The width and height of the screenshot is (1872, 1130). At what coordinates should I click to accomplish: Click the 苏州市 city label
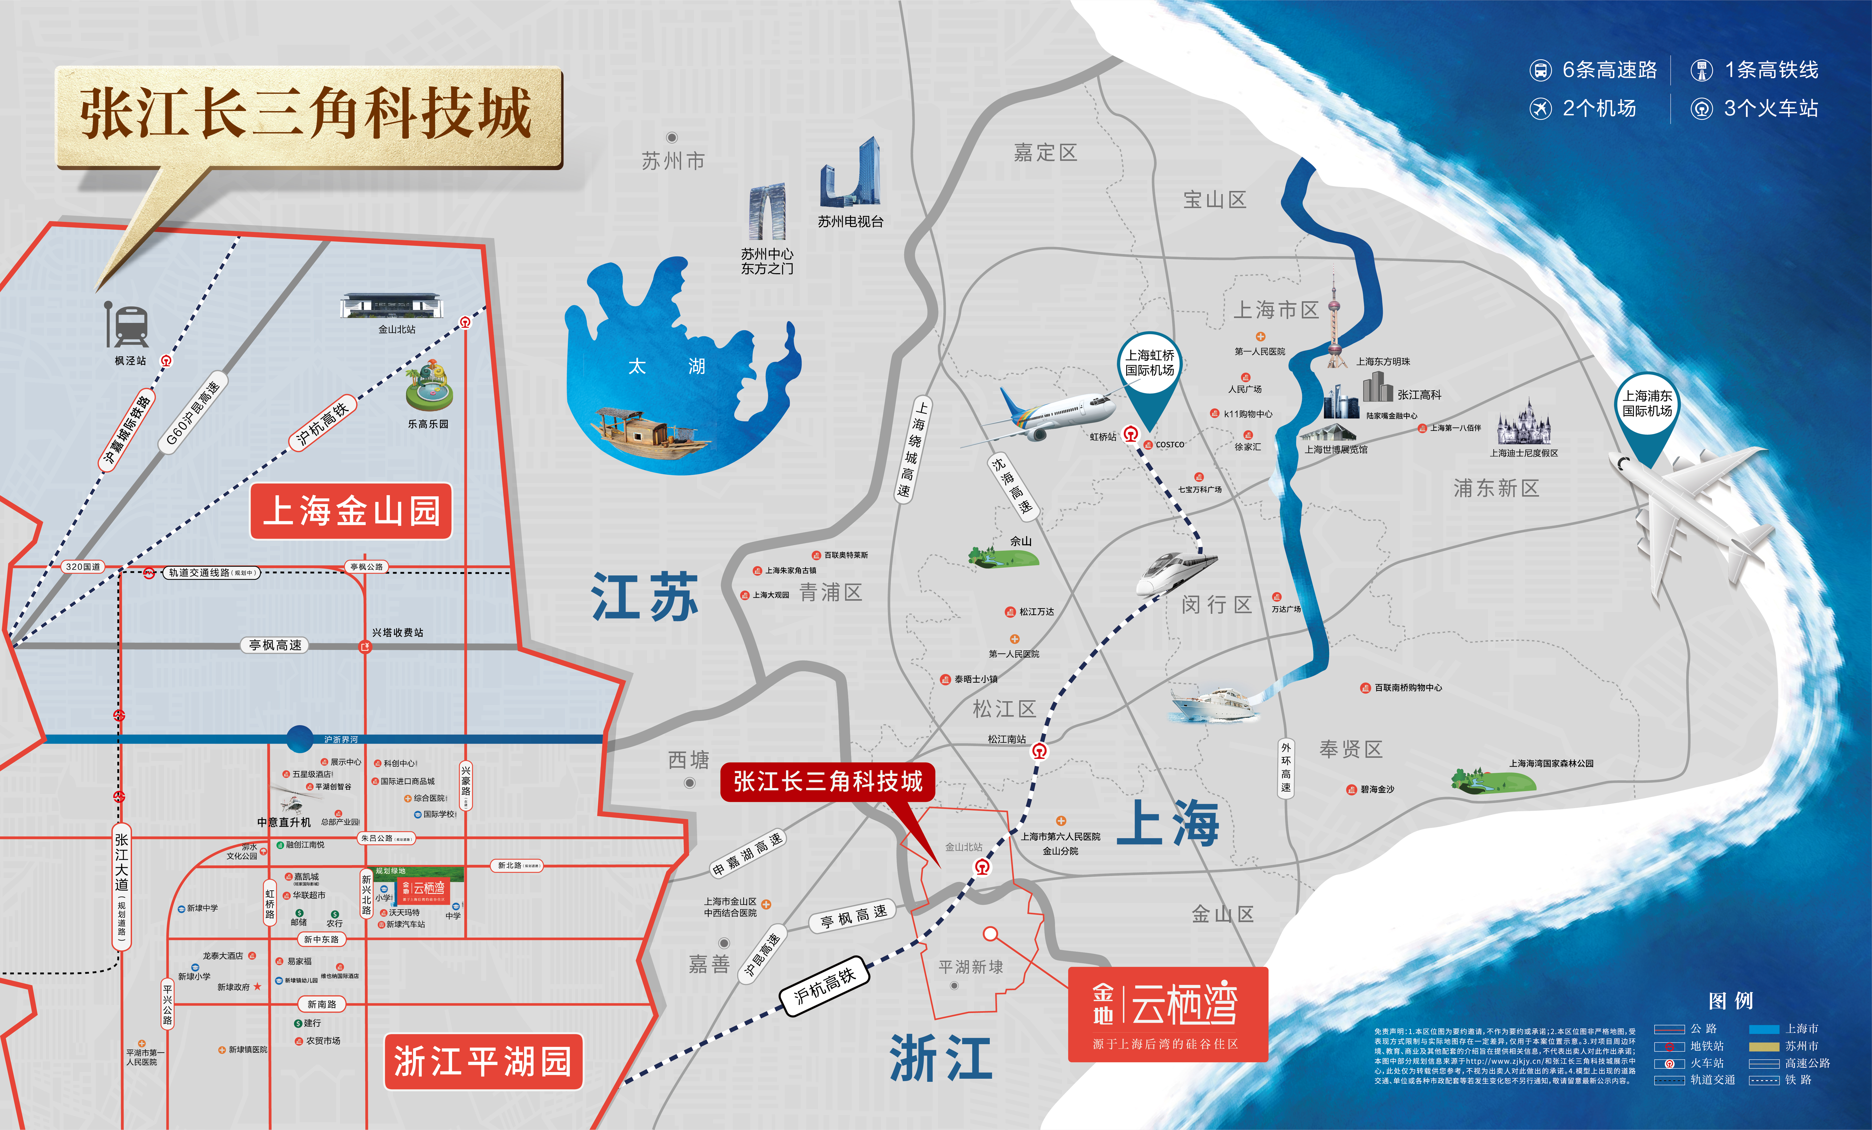[673, 161]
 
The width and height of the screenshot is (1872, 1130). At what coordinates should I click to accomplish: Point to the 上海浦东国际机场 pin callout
[1647, 404]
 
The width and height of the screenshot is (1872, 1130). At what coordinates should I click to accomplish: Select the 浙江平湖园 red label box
[483, 1061]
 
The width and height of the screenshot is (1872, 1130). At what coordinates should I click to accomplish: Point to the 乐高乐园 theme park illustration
[429, 387]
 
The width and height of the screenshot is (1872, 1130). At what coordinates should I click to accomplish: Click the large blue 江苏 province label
[644, 597]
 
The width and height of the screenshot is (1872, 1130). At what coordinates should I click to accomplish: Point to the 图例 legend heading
[1731, 1001]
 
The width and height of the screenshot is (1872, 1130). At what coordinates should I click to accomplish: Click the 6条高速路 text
[1608, 70]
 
